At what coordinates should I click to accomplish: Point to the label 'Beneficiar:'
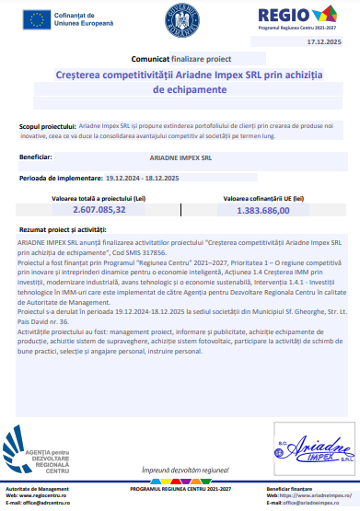[x=35, y=157]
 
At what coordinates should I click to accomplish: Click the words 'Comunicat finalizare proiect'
[x=180, y=57]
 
